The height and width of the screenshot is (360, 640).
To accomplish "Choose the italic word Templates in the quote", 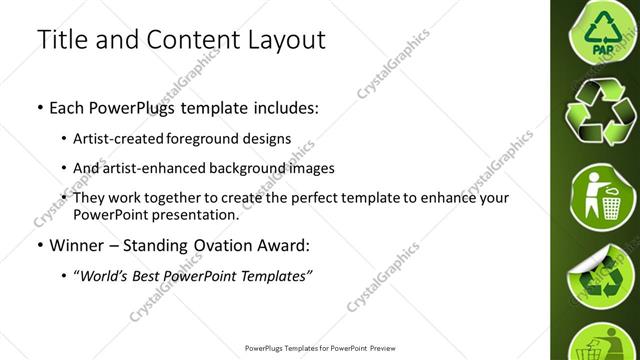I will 275,275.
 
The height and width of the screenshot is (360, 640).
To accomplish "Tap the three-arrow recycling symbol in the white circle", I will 603,112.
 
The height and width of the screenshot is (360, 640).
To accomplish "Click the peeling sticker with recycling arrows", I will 603,272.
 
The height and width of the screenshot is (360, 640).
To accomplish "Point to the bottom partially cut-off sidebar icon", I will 603,343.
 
